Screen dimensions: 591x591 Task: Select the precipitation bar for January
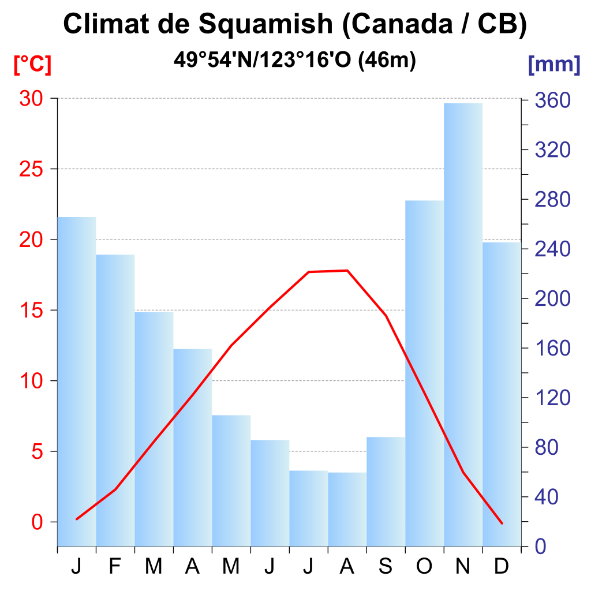(x=77, y=381)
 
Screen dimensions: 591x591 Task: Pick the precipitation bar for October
(x=424, y=373)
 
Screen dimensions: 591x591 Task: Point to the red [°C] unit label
(x=32, y=65)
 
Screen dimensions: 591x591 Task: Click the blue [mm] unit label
(x=554, y=65)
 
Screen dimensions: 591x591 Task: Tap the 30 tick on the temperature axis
(x=32, y=99)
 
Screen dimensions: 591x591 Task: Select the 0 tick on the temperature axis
(x=38, y=522)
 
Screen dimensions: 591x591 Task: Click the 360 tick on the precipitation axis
(x=552, y=101)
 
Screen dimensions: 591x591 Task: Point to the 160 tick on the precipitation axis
(x=552, y=348)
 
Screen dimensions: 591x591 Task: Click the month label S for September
(x=386, y=567)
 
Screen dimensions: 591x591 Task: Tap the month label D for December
(x=502, y=567)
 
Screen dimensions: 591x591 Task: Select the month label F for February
(x=115, y=567)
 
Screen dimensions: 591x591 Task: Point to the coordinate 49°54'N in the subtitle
(x=212, y=59)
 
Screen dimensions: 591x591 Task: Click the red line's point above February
(x=115, y=489)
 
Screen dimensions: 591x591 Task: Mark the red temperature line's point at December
(x=502, y=523)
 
